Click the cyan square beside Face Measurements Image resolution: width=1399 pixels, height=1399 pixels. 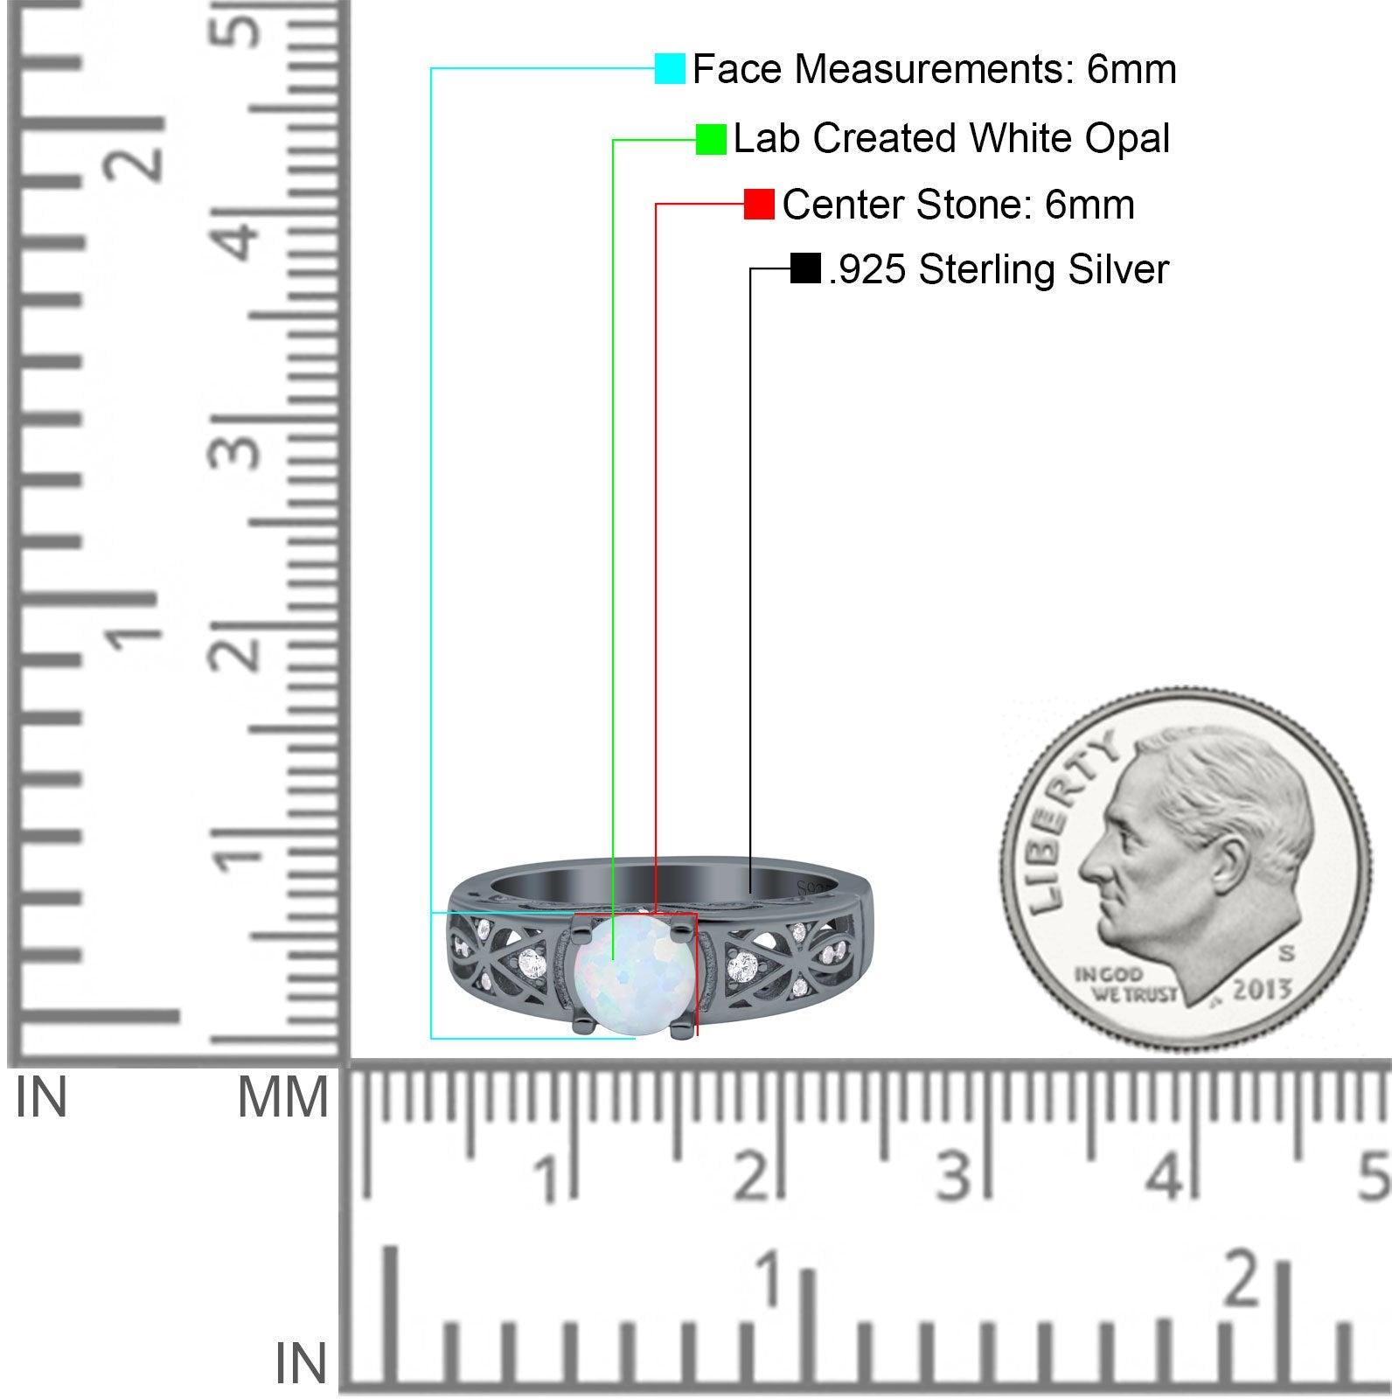pos(670,69)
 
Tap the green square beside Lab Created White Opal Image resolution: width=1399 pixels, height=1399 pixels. pos(711,139)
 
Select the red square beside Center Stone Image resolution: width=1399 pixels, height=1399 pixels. pos(759,205)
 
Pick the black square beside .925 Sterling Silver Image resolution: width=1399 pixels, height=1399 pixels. pos(805,268)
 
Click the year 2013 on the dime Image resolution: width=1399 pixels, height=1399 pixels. pos(1262,990)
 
